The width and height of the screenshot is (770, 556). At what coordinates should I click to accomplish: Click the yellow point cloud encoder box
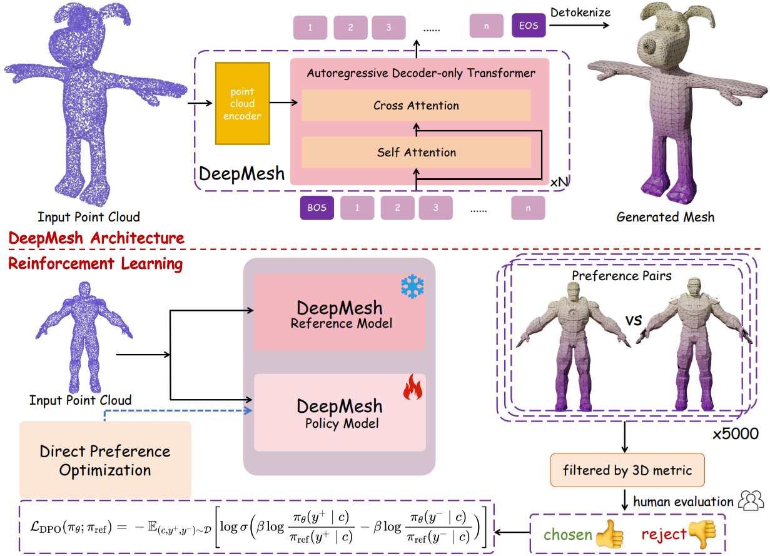[242, 104]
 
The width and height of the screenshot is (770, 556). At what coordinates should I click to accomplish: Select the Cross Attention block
[416, 106]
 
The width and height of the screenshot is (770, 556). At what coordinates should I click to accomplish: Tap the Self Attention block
[416, 152]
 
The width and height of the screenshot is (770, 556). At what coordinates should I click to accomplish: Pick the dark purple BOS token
[317, 208]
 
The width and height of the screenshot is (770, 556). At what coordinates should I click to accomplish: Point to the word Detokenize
[580, 11]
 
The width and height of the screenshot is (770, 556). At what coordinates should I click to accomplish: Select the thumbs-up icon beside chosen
[610, 535]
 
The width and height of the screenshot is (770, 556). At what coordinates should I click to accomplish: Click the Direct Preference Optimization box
[105, 460]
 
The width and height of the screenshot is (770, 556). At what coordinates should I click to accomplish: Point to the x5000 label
[736, 433]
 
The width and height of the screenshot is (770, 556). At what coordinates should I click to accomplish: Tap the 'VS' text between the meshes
[633, 321]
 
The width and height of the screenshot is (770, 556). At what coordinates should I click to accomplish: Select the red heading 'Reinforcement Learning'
[95, 264]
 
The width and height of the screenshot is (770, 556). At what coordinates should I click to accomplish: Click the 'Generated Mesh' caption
[665, 217]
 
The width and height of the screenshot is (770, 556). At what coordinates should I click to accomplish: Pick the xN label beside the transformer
[559, 181]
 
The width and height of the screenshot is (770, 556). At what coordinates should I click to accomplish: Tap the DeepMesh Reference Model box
[340, 315]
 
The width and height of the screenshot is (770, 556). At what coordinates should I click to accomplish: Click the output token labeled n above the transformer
[486, 26]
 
